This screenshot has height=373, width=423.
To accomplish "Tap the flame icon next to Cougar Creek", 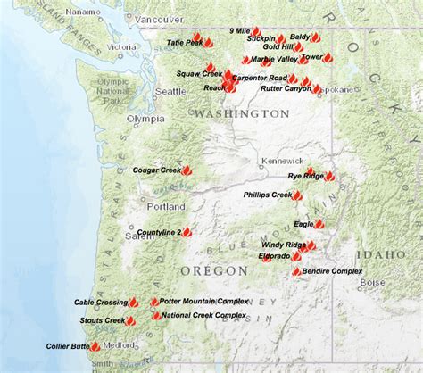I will pyautogui.click(x=188, y=169).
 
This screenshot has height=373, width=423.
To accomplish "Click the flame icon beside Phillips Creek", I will pyautogui.click(x=297, y=195).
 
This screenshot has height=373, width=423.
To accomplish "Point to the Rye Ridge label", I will pyautogui.click(x=305, y=176).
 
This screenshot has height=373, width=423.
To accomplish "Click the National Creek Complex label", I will pyautogui.click(x=204, y=315).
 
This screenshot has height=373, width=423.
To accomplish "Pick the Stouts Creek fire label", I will pyautogui.click(x=101, y=319).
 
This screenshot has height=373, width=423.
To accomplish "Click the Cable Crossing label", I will pyautogui.click(x=101, y=302).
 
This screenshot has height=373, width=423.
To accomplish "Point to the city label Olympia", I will pyautogui.click(x=145, y=118).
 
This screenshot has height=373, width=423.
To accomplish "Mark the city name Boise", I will pyautogui.click(x=372, y=282).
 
